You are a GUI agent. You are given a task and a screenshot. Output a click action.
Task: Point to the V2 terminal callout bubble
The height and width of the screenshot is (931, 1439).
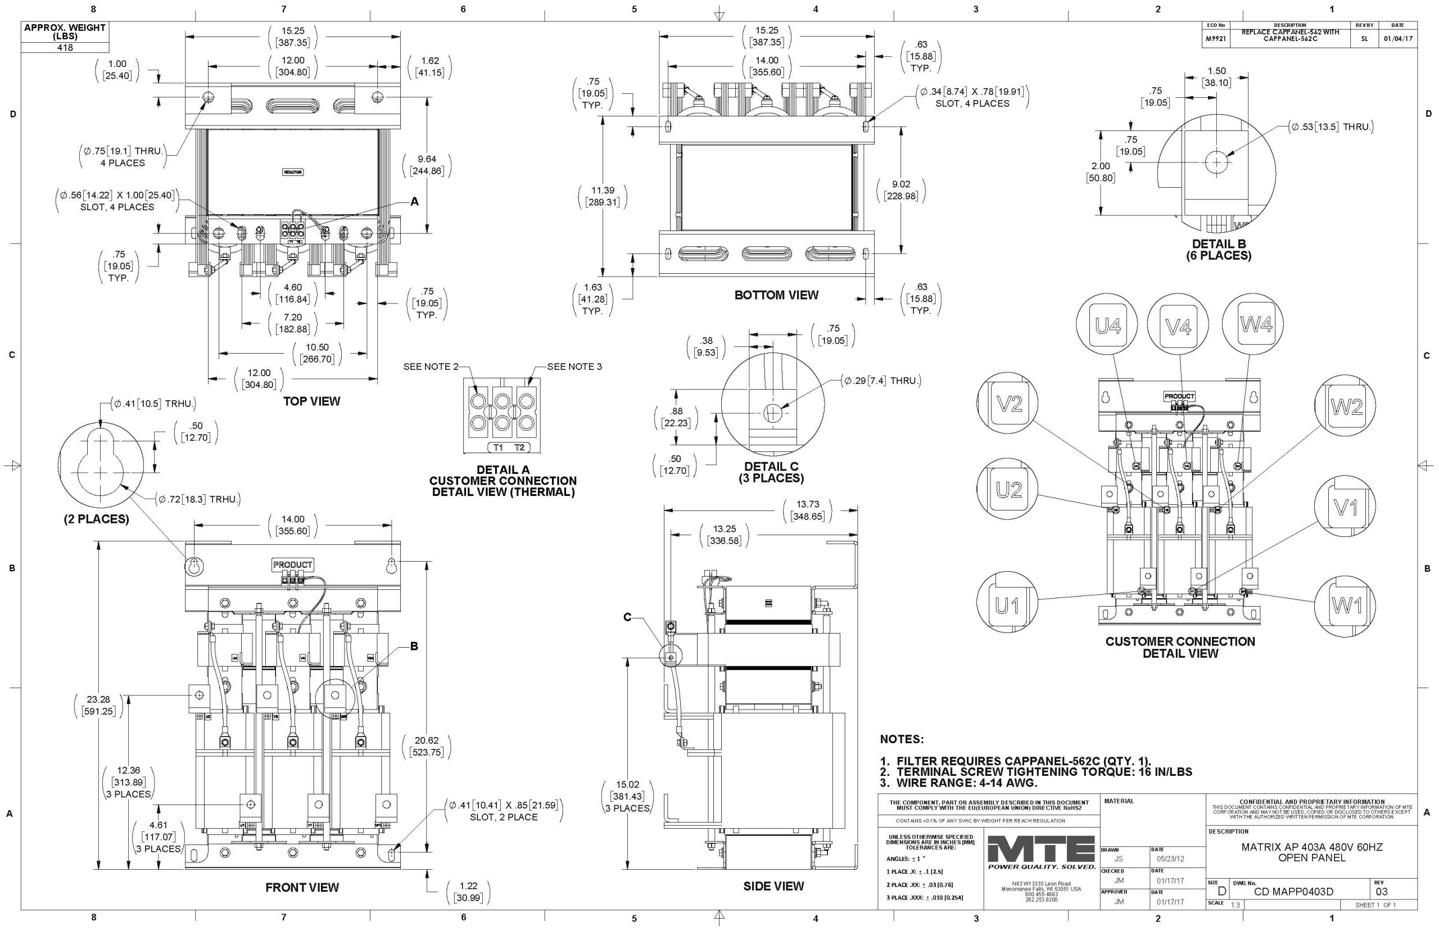[x=1008, y=404]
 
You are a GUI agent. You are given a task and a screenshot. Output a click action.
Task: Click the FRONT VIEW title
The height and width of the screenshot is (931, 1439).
[x=302, y=888]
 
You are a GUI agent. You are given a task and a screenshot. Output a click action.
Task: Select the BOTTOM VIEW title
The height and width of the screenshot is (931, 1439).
[x=776, y=295]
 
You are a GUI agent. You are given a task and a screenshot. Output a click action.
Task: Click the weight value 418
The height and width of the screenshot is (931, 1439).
[x=65, y=47]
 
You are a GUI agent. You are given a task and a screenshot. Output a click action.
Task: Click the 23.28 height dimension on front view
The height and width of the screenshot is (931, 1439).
[x=98, y=705]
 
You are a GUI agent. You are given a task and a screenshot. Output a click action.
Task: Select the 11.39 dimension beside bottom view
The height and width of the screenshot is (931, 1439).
[x=603, y=196]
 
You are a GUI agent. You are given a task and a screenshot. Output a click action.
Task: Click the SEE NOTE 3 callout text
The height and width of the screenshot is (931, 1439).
[x=574, y=367]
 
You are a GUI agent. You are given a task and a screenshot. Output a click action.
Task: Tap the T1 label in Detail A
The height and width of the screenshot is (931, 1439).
[x=498, y=448]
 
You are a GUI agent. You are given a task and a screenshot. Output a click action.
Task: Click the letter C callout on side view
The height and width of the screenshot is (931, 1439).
[x=627, y=617]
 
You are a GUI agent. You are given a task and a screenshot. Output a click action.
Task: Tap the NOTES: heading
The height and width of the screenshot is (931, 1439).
[x=901, y=739]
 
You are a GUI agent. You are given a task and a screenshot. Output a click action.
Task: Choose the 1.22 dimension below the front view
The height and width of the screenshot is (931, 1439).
[x=468, y=892]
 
